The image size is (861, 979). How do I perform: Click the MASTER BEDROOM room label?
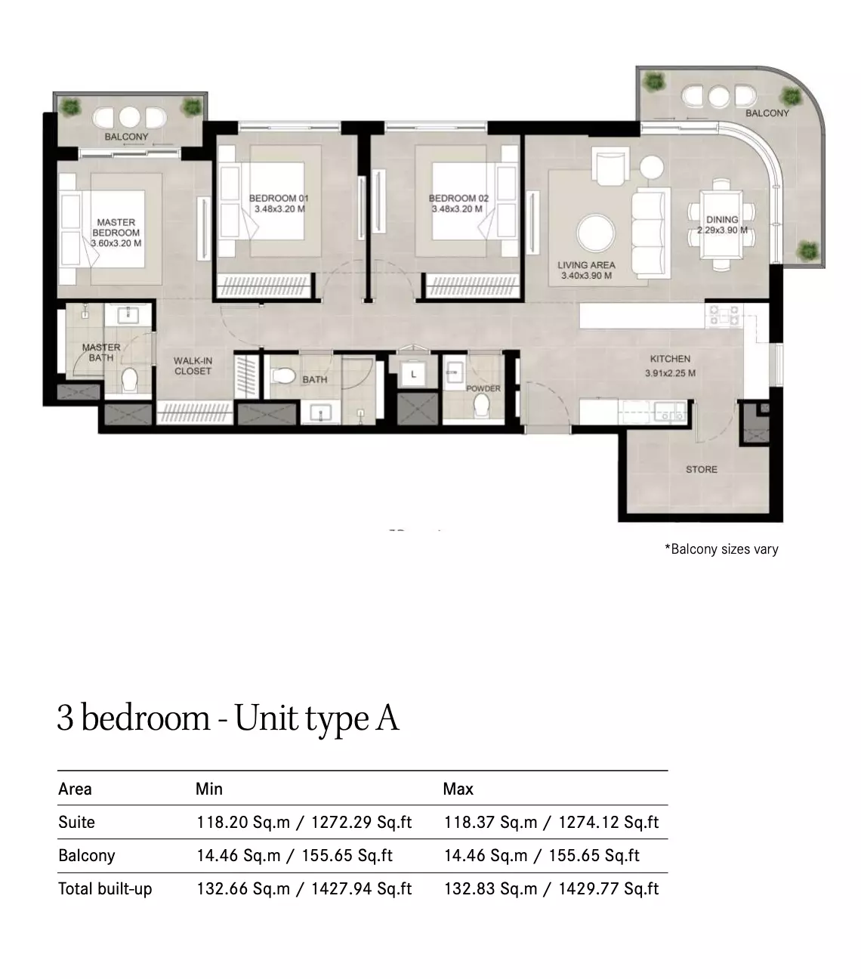(116, 227)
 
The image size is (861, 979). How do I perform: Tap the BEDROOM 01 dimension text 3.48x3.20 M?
(279, 208)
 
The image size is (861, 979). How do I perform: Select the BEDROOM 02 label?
(458, 198)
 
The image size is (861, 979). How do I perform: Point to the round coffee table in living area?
(596, 233)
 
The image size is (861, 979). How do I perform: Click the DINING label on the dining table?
(722, 219)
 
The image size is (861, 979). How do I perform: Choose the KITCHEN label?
(670, 359)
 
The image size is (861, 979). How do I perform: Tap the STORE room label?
(702, 469)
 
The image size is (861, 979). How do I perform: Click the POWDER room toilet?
(482, 406)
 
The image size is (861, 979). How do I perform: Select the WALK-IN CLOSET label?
(193, 366)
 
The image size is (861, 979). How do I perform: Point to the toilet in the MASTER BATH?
(129, 379)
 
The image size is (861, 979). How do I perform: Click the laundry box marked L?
(413, 374)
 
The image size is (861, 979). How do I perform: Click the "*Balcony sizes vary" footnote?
(721, 549)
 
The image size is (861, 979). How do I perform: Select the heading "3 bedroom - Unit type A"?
(228, 718)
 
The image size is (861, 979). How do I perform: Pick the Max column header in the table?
(458, 789)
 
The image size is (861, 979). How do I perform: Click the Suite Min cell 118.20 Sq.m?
(243, 822)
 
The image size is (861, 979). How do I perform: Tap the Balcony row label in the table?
(87, 855)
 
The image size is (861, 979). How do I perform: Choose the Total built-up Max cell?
(551, 888)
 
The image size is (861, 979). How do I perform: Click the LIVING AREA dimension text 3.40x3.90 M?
(587, 276)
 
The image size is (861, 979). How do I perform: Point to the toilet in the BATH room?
(284, 375)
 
